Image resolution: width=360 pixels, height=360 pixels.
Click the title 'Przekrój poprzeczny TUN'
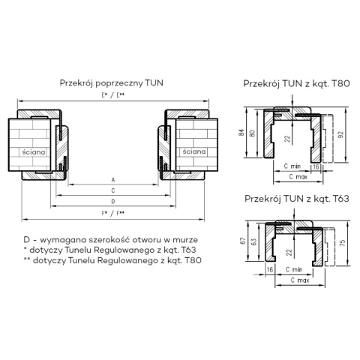click(112, 83)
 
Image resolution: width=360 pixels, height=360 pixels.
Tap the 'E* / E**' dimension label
click(113, 95)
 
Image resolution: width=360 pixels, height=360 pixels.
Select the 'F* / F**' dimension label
click(113, 213)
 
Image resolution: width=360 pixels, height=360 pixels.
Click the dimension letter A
click(113, 180)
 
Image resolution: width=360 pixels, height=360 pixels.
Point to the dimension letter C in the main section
click(113, 190)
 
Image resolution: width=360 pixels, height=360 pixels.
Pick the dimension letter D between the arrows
click(113, 202)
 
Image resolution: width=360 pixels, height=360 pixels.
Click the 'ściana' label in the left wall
click(34, 152)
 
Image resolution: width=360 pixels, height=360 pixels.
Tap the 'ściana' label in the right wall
click(194, 151)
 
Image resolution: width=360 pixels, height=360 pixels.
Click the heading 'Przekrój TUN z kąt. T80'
click(296, 83)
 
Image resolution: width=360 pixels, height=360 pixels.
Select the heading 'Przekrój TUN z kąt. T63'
click(297, 199)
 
